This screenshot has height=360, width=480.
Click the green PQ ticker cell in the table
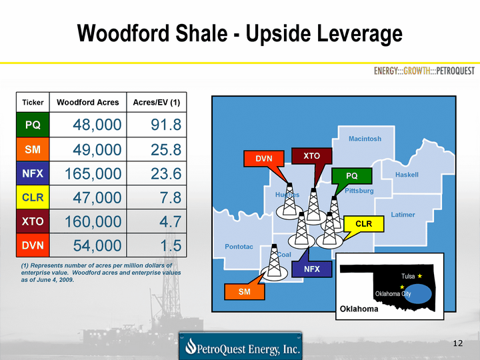pos(33,125)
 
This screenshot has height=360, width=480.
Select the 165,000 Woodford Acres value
pos(93,173)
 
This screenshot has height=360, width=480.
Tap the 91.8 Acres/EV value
pos(166,125)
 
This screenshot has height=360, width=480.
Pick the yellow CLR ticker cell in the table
pos(33,197)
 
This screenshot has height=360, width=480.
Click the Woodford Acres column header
pos(88,102)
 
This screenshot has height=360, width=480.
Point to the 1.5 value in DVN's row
pos(171,245)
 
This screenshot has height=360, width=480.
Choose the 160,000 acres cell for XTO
pos(93,221)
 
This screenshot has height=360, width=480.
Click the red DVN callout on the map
pos(264,158)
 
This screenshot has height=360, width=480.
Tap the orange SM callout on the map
pos(244,292)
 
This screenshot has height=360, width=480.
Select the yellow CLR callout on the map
pos(364,224)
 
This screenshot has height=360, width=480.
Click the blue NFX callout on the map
pos(311,269)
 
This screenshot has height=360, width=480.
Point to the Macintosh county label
pos(365,139)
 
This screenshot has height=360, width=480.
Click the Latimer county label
pos(403,215)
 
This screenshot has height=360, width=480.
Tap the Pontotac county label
pos(239,247)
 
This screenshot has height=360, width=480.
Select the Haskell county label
pos(407,175)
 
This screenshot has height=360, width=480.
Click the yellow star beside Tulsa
pos(420,276)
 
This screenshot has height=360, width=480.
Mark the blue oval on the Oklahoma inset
pos(418,293)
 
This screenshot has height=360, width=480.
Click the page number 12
pos(457,343)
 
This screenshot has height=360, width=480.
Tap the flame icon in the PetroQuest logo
pos(191,346)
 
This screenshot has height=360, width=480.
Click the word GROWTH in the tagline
pos(417,71)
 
